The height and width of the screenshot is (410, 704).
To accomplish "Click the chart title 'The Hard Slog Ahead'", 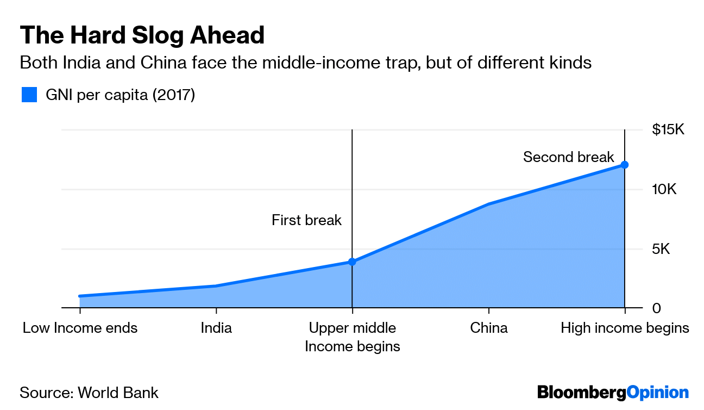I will coord(142,35).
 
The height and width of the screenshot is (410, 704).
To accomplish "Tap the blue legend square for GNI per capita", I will coord(29,95).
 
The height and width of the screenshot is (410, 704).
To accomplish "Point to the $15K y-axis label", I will coord(669,130).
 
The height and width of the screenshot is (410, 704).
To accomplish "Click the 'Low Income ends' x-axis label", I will coord(80,328).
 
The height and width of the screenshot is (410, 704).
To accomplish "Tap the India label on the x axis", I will coord(216,328).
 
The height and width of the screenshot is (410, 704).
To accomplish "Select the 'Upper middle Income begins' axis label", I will coord(353,337).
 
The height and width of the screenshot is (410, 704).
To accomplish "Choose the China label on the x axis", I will coord(489,328).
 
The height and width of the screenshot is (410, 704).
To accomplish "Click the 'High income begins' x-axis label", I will coord(625,328).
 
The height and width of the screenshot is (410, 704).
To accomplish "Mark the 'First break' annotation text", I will coord(306,220).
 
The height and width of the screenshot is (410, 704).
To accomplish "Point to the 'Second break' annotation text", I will coord(568,157).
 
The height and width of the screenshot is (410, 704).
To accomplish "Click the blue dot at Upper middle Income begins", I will coord(352,262).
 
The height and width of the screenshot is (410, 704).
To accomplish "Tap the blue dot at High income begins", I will coord(625,164).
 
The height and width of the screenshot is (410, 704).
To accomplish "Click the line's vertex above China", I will coord(489,204).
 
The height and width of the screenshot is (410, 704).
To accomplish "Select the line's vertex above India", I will coord(216,286).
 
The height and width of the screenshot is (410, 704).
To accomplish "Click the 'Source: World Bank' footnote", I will coord(89,393).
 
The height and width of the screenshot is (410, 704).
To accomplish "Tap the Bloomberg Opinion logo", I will coord(613,392).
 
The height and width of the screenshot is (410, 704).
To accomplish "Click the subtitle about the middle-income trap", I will coord(305,63).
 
